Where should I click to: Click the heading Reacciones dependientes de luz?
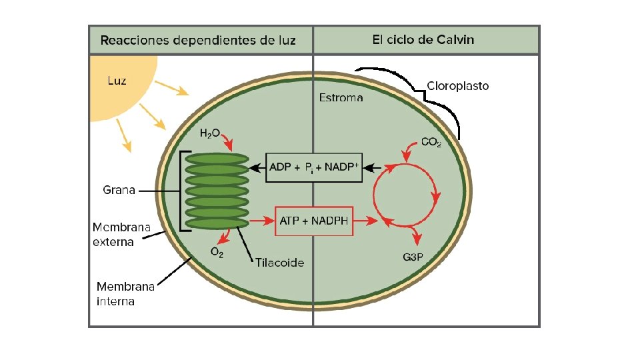click(198, 40)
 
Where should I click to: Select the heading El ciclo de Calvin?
click(423, 39)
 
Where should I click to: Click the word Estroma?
click(341, 98)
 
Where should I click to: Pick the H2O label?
click(209, 133)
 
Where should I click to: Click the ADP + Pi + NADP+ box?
click(313, 167)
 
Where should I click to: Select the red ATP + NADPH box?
click(314, 221)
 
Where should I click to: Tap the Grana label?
click(119, 190)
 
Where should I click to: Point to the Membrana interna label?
click(125, 294)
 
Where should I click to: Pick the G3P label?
click(414, 257)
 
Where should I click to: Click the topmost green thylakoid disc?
click(216, 159)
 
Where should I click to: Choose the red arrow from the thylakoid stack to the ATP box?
click(261, 220)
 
